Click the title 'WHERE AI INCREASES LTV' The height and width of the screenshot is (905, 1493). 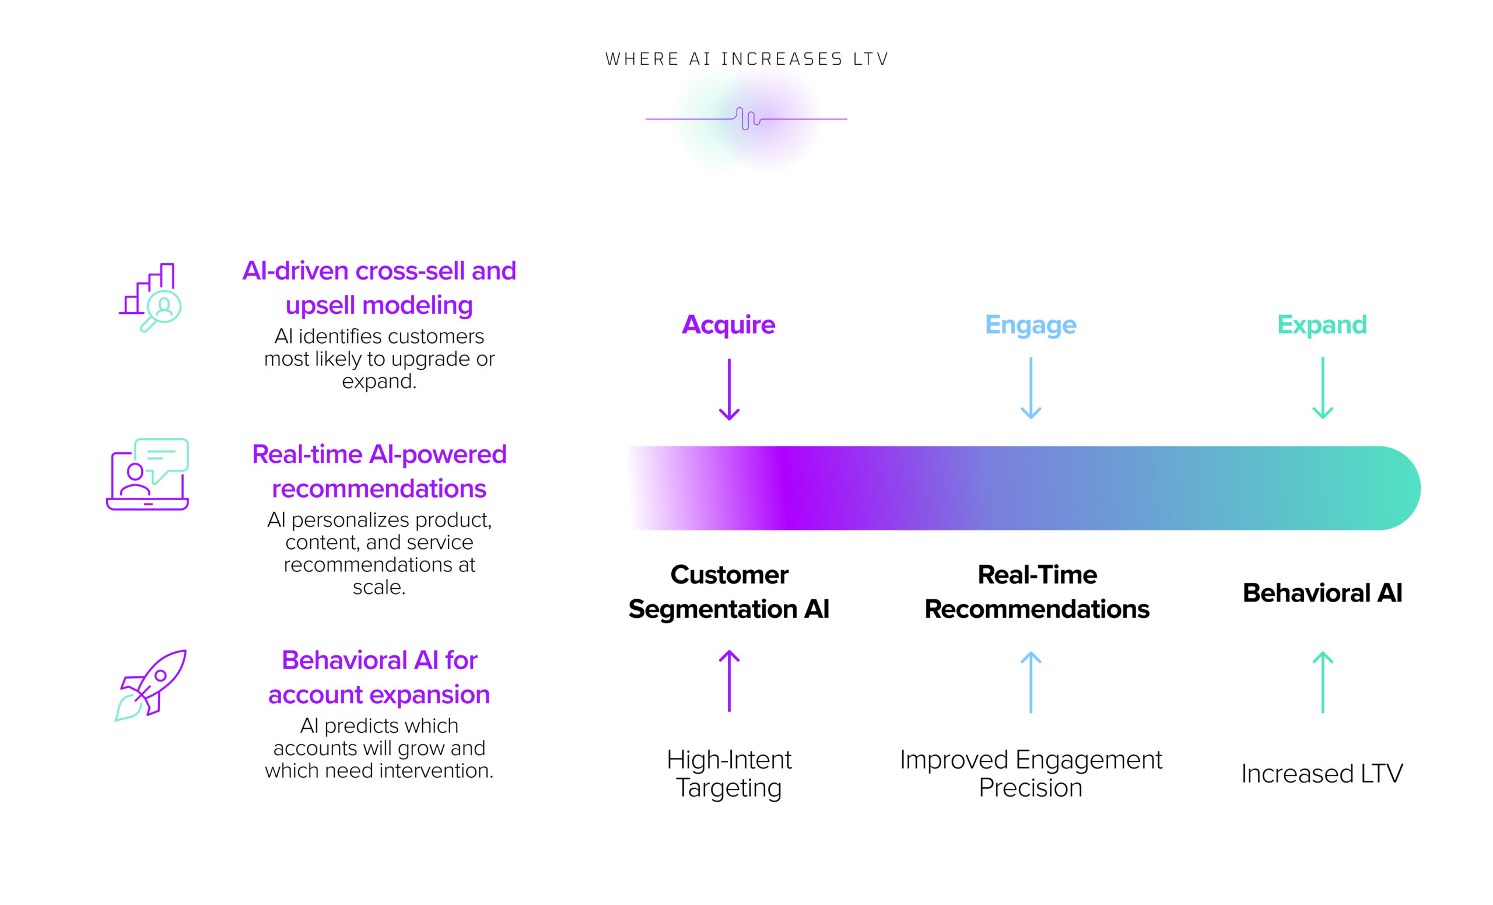pos(746,59)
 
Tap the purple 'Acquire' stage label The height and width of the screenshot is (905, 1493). pos(728,326)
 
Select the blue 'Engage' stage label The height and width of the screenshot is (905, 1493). pos(1030,325)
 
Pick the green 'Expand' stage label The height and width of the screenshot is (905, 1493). pos(1322,325)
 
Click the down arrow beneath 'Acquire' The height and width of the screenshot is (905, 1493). pos(729,389)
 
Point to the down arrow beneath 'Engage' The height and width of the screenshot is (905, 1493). pos(1030,388)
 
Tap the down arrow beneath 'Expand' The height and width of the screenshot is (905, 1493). pos(1322,388)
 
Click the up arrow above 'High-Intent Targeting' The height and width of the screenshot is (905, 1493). pos(729,681)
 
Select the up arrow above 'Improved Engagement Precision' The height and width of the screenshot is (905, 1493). pos(1030,682)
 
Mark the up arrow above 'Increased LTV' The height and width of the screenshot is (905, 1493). pos(1322,682)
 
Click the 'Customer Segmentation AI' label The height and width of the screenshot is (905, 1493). pos(729,592)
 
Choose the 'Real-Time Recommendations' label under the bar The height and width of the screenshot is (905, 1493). pos(1037,592)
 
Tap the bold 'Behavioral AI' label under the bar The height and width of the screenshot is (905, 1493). pos(1322,592)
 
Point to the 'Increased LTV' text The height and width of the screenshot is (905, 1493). pos(1322,774)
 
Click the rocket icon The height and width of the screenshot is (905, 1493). pos(150,685)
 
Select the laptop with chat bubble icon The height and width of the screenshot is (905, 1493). pos(148,474)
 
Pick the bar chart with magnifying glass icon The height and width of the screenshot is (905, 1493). pos(150,297)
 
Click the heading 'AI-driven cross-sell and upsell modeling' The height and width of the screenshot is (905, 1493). pos(379,288)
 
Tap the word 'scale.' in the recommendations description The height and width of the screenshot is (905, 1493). pos(379,587)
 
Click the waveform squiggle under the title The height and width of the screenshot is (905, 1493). pos(746,119)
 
